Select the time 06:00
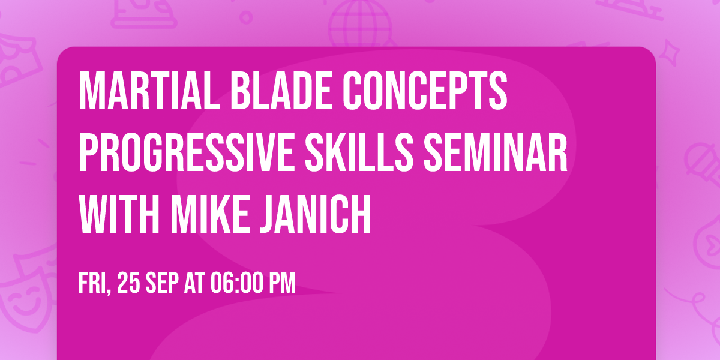(x=238, y=283)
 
